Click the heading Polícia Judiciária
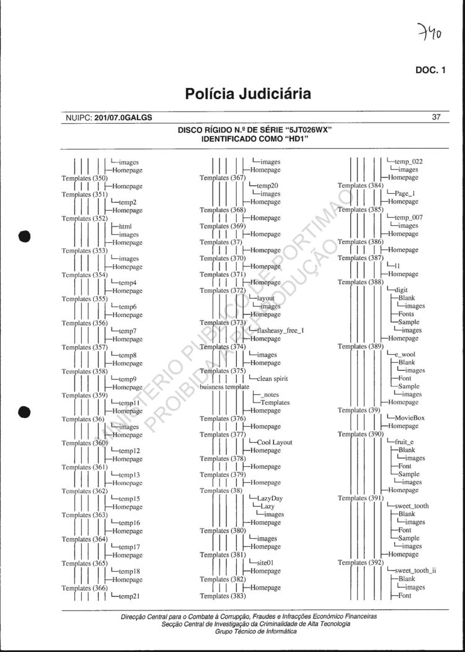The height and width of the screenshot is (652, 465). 248,94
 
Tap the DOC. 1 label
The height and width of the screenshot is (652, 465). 430,70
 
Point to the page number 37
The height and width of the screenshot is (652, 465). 436,117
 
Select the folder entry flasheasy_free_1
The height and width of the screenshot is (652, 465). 280,331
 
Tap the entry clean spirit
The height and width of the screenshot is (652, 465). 272,378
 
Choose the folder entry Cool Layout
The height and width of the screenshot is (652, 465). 274,443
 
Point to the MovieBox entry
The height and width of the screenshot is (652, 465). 410,418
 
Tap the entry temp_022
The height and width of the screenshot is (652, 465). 408,162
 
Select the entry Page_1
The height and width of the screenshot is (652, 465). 405,194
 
